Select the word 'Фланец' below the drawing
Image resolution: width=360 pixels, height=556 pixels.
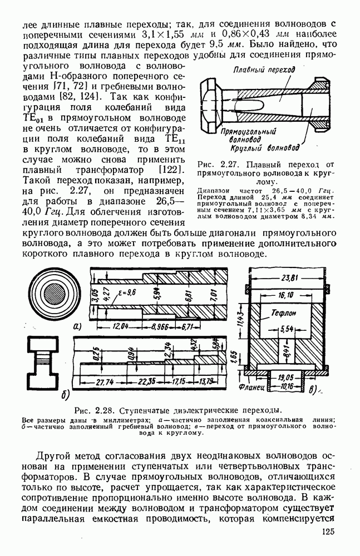[x=251, y=385]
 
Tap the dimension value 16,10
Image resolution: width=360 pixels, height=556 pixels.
[x=285, y=295]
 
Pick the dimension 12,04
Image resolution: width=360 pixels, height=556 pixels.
[x=120, y=327]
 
